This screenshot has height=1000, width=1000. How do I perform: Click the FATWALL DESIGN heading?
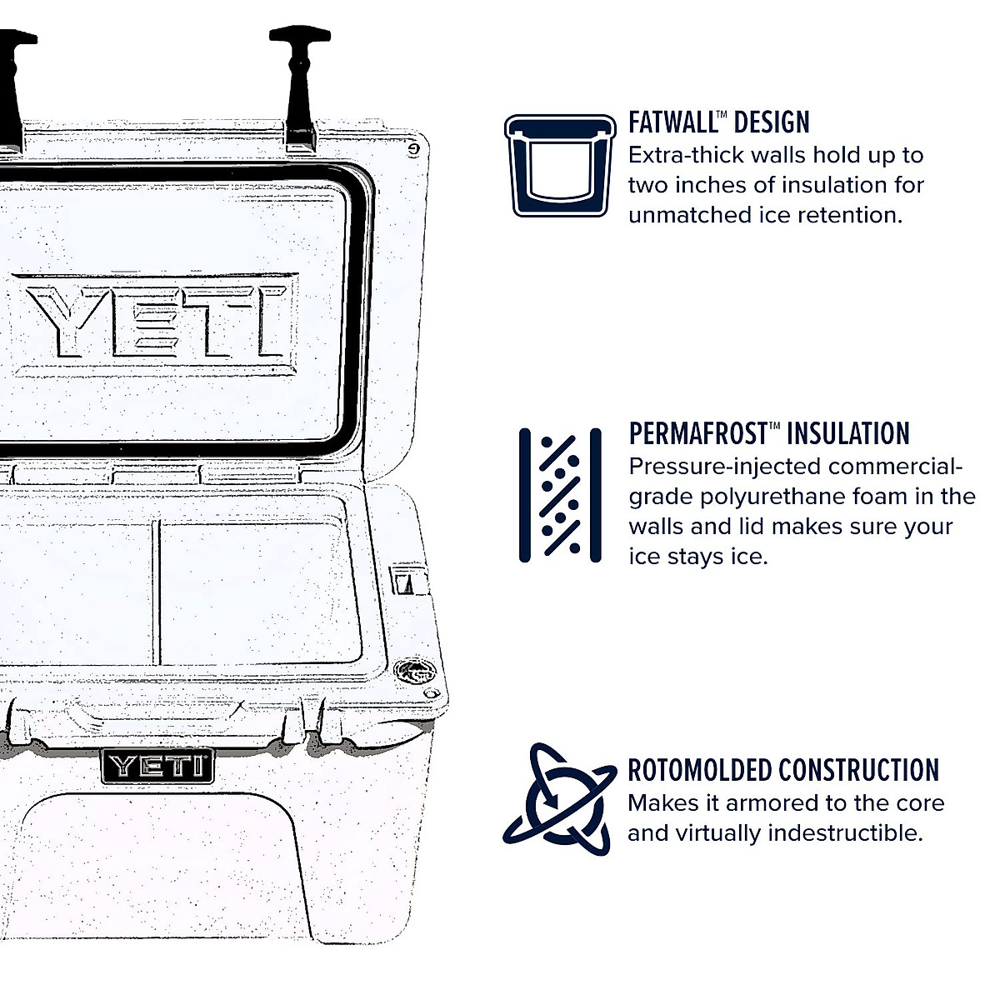pyautogui.click(x=718, y=122)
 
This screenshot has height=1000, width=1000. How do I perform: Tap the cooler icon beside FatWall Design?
pyautogui.click(x=559, y=165)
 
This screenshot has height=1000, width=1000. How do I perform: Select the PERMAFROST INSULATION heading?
pyautogui.click(x=768, y=434)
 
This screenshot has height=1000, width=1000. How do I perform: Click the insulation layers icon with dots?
pyautogui.click(x=559, y=495)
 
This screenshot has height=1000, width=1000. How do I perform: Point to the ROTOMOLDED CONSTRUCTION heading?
pyautogui.click(x=782, y=770)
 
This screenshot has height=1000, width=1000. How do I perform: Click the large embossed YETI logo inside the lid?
pyautogui.click(x=158, y=322)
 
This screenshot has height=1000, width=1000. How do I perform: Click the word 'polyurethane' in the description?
pyautogui.click(x=772, y=497)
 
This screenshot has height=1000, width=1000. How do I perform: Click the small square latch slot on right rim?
pyautogui.click(x=406, y=582)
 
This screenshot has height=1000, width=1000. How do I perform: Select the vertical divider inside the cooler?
pyautogui.click(x=156, y=593)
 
